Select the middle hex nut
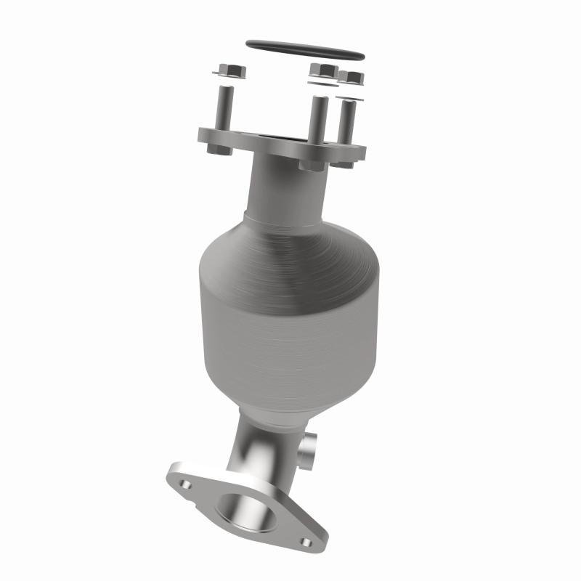pyautogui.click(x=322, y=71)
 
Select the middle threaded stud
pyautogui.click(x=317, y=116)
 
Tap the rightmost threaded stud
pyautogui.click(x=349, y=120)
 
